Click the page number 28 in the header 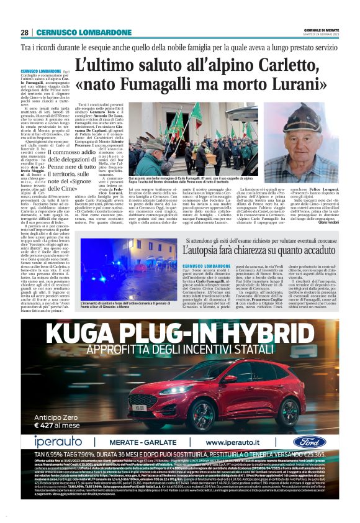click(25, 32)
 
